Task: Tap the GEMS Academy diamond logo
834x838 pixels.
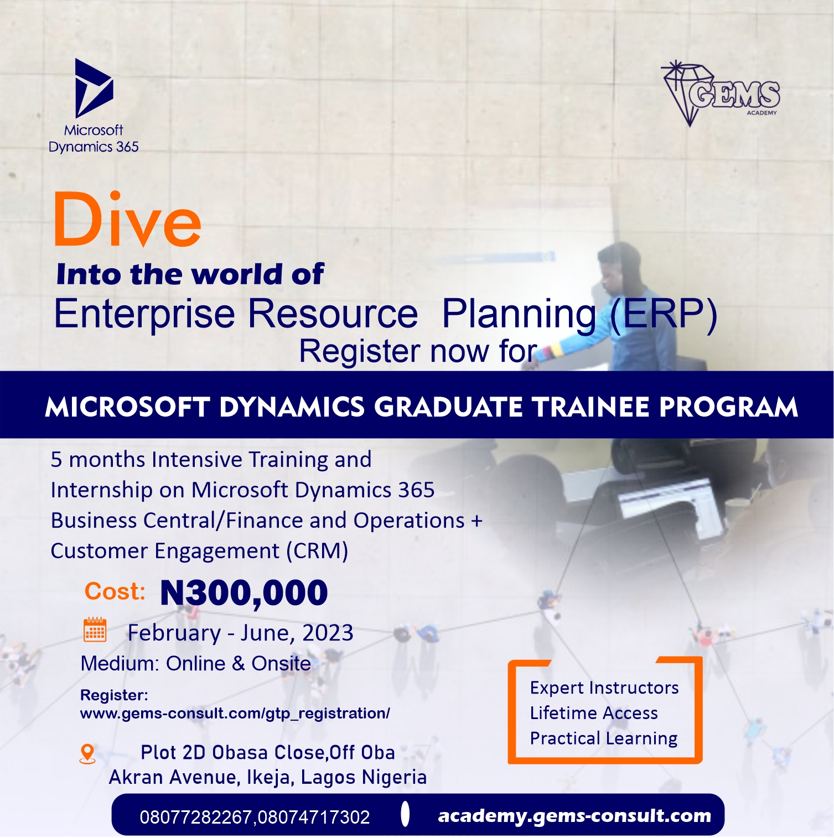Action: [721, 93]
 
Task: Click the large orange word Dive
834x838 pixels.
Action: [128, 220]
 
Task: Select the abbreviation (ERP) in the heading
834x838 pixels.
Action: [664, 314]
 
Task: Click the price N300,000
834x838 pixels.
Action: [244, 594]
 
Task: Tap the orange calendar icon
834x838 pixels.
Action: [95, 629]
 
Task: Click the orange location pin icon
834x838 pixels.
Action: [87, 754]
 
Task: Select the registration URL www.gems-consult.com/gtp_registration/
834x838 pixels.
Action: [235, 714]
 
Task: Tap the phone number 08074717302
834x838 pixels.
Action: [314, 817]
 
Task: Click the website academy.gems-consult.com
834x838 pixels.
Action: [574, 816]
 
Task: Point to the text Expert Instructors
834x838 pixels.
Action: [604, 688]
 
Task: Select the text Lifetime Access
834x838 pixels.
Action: [594, 713]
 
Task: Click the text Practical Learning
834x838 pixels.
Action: [604, 739]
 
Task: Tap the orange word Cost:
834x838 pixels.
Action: [115, 592]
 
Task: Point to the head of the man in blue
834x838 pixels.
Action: [620, 267]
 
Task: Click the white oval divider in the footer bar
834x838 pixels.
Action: [405, 814]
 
